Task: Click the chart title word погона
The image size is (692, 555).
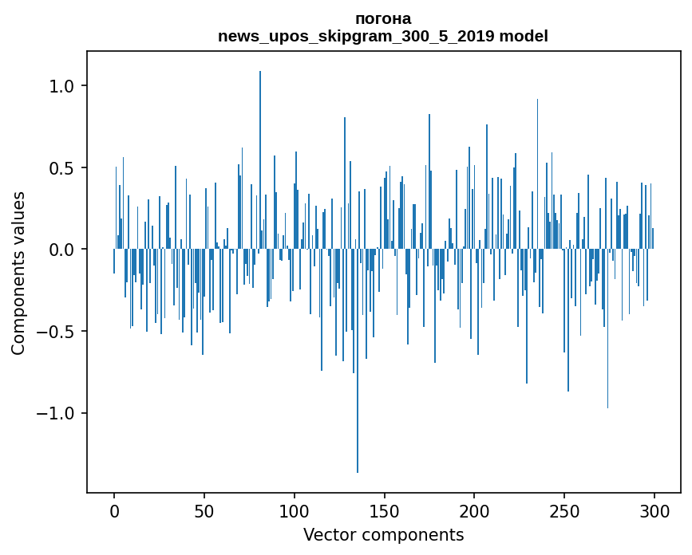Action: click(x=382, y=19)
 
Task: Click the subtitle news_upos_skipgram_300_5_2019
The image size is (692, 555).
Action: click(x=362, y=37)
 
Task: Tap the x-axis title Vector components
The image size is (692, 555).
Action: click(x=383, y=535)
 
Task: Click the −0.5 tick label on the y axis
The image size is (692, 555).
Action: click(x=56, y=332)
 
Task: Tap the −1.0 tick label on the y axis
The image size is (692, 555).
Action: click(x=56, y=413)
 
